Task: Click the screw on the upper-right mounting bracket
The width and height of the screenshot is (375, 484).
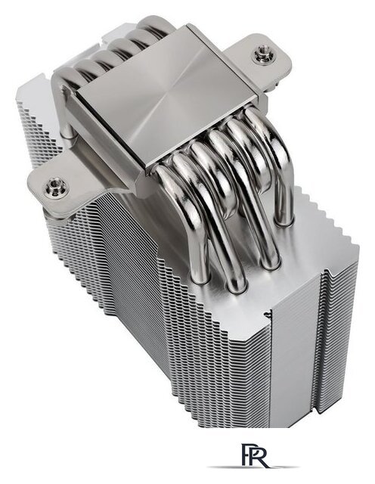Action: pos(262,54)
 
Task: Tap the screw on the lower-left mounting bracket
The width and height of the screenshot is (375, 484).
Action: pos(55,186)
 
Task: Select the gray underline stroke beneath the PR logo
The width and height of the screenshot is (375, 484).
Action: pos(253,467)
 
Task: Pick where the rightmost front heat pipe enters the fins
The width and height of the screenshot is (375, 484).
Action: pos(284,222)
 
